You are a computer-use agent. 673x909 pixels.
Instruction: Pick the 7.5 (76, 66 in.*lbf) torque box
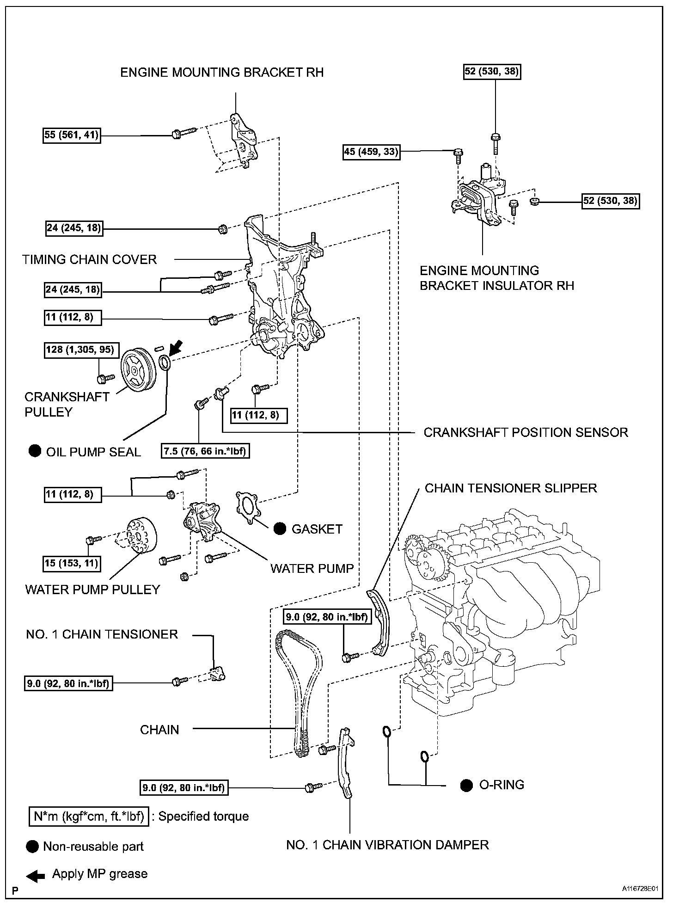[x=206, y=451]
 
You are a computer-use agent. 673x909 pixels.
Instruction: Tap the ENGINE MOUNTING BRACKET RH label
[x=222, y=73]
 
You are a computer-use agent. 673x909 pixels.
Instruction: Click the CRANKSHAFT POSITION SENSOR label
[x=526, y=432]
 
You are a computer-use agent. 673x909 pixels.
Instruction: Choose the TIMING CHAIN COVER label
[x=90, y=259]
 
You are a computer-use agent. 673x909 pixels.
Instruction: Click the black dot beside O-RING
[x=466, y=785]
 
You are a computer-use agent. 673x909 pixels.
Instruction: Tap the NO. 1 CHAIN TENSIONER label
[x=102, y=634]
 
